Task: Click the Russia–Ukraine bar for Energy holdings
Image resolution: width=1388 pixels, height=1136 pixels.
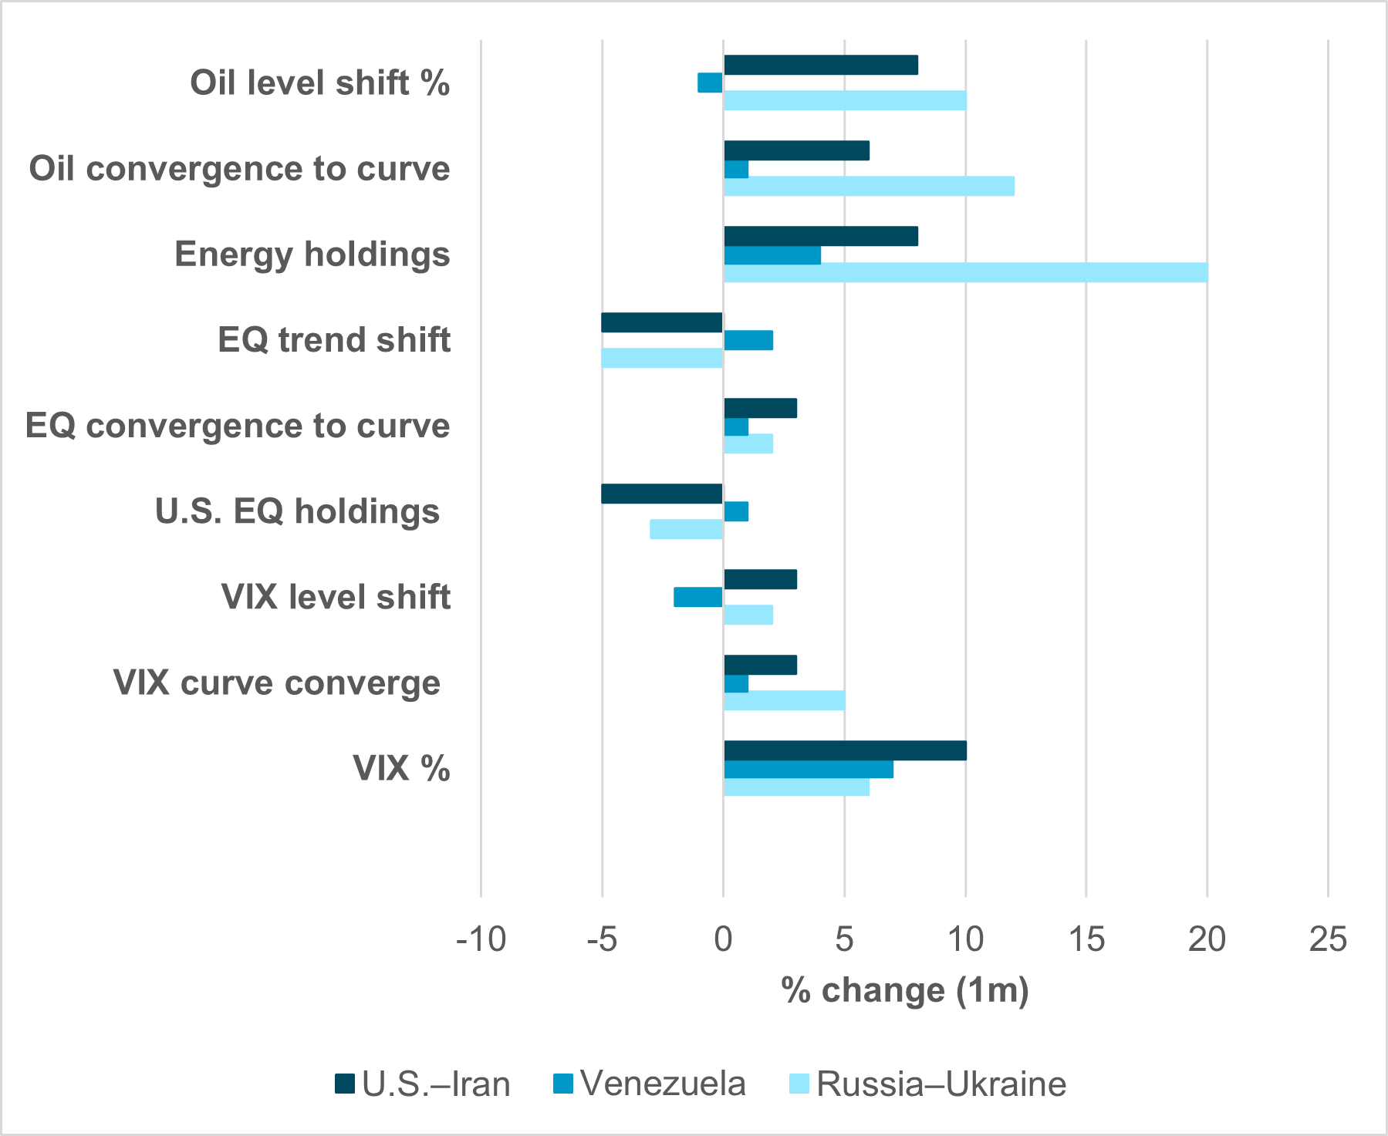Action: [965, 272]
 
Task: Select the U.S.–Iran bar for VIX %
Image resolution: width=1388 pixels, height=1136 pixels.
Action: [845, 750]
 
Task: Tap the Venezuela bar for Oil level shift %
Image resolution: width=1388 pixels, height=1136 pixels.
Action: [710, 83]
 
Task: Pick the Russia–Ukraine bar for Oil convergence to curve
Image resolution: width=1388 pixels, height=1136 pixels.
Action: [869, 186]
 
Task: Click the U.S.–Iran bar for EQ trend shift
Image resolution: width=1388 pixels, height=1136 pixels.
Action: [662, 322]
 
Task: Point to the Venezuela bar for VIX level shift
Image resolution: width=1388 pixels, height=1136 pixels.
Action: [697, 597]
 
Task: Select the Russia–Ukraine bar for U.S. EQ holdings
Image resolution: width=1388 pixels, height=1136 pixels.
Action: [686, 529]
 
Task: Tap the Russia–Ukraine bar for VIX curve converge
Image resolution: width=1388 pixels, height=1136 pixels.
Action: [784, 700]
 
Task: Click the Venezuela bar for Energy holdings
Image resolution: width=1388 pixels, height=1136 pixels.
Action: [772, 255]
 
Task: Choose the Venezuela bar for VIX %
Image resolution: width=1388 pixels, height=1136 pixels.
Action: [809, 769]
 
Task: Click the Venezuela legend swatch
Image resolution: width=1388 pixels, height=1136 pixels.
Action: [563, 1084]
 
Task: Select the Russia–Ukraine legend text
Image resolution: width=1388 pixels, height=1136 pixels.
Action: [941, 1084]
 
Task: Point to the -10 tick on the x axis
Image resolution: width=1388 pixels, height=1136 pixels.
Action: [481, 939]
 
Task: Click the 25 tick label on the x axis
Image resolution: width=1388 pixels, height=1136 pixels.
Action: [1328, 939]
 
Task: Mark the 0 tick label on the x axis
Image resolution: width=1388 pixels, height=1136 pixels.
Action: [723, 939]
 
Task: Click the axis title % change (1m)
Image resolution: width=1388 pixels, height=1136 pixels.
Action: [905, 990]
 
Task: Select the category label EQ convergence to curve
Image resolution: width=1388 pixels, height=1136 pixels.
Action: [238, 426]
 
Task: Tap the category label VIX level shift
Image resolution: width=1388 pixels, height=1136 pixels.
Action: [336, 597]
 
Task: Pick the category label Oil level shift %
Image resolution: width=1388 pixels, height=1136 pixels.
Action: [320, 83]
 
